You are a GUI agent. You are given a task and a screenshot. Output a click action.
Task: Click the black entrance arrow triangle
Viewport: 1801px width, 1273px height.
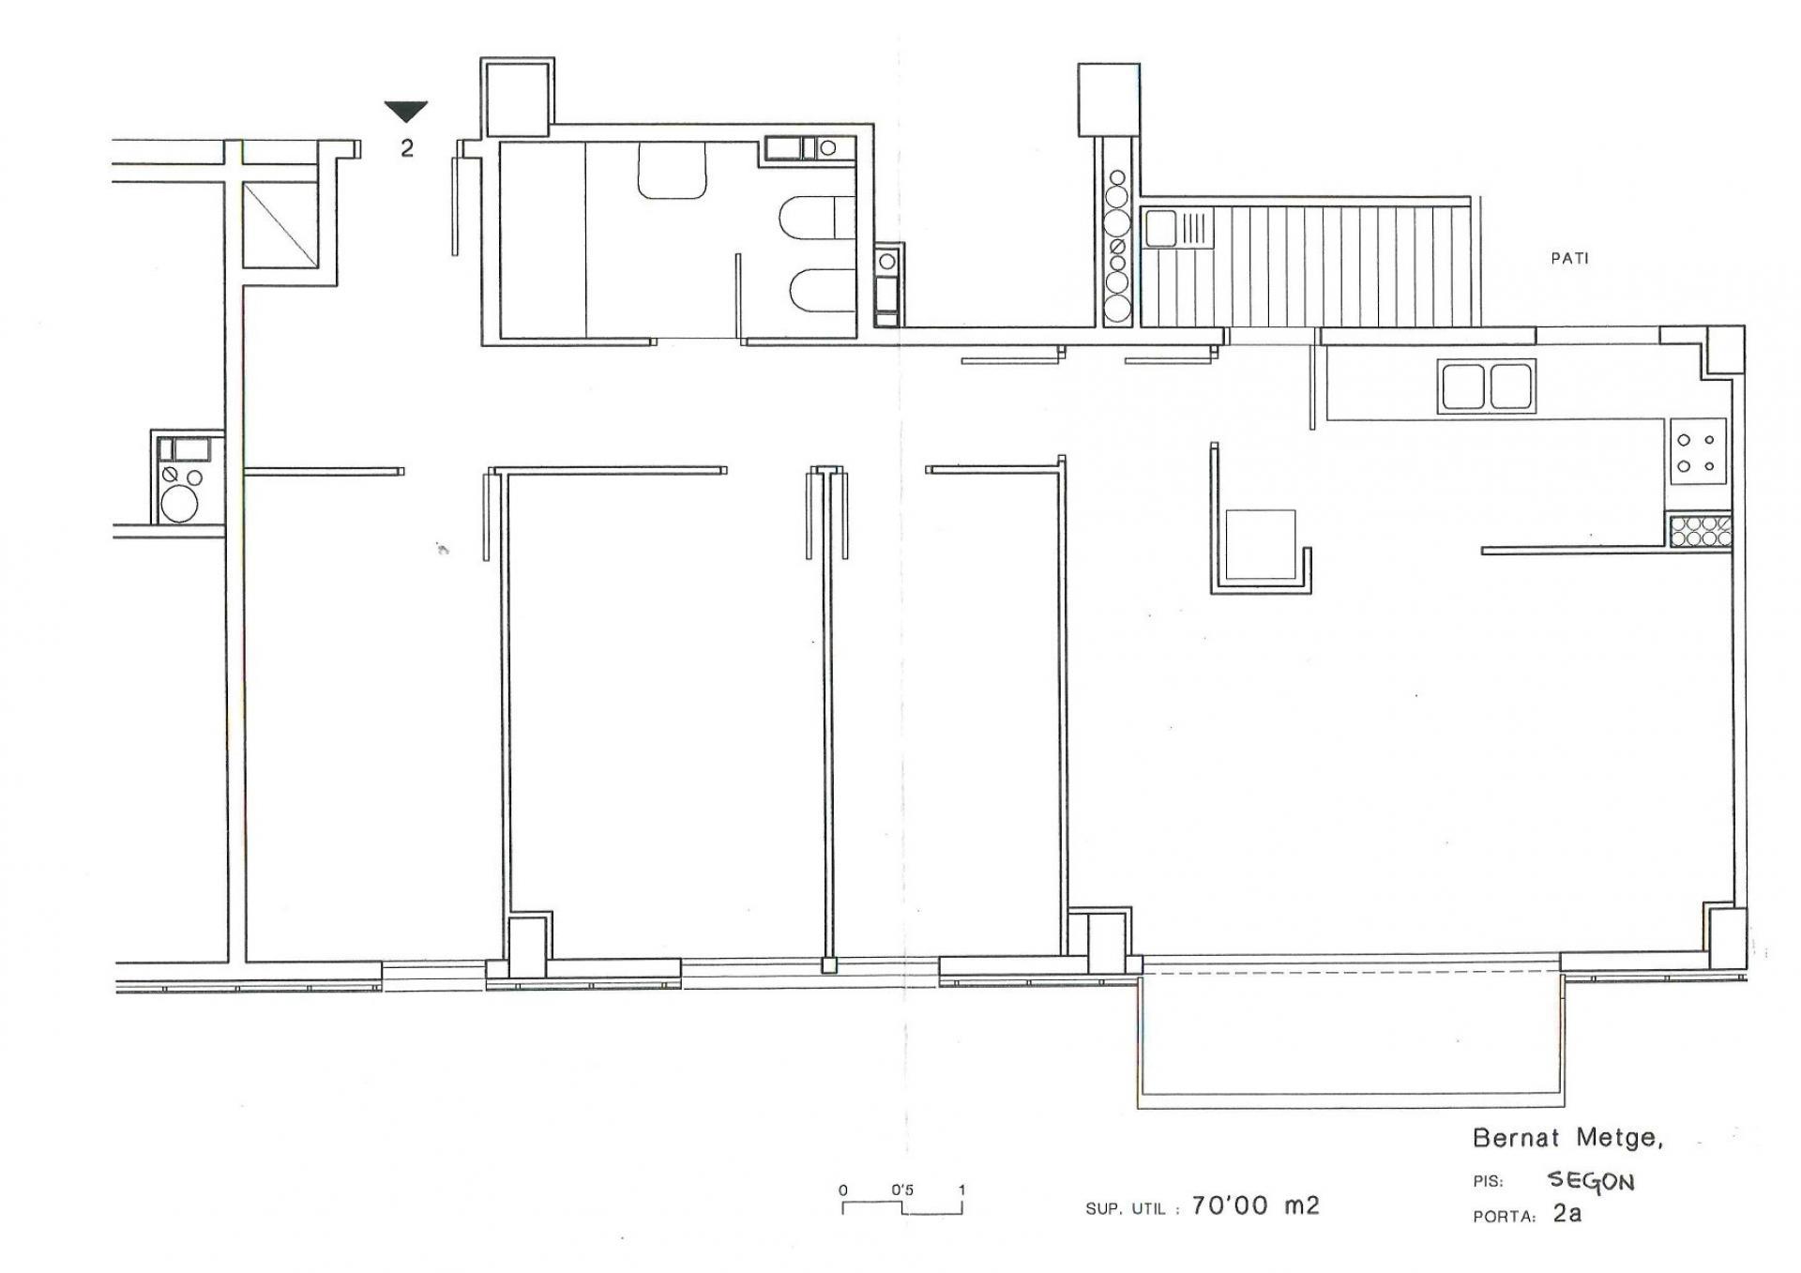(406, 111)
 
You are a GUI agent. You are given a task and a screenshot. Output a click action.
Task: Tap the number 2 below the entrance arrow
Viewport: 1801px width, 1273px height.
(407, 148)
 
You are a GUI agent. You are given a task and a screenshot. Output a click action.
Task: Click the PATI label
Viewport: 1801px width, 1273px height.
(1569, 258)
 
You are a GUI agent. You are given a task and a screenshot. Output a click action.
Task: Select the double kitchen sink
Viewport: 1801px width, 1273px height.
(1486, 386)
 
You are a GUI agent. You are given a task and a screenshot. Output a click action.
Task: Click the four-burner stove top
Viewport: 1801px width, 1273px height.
(1697, 452)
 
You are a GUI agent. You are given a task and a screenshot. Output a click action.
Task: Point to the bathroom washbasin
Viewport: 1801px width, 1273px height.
(672, 170)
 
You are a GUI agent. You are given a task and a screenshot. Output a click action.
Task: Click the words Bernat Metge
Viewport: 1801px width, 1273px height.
(1567, 1139)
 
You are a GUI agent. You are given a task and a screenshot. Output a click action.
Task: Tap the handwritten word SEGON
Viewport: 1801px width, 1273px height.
(1590, 1181)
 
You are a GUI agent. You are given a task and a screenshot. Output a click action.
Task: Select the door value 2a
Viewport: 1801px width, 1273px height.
(1566, 1213)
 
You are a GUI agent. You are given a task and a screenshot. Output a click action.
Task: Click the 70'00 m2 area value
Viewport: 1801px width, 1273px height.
(1255, 1205)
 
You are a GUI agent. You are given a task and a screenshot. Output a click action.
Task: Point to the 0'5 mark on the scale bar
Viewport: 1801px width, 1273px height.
(902, 1190)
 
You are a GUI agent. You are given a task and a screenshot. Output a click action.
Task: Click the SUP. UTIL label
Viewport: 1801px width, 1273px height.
(1126, 1209)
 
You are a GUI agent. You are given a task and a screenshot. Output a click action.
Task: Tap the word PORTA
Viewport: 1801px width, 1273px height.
(1504, 1218)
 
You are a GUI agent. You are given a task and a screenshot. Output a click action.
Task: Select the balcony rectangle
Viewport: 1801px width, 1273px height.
(1351, 1033)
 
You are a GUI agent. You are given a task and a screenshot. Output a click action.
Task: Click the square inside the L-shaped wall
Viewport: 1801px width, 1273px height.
(1261, 544)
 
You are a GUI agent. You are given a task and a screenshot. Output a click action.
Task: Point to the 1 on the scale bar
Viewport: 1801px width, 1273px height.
(961, 1190)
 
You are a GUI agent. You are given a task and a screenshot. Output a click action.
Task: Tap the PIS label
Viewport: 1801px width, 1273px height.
(1488, 1183)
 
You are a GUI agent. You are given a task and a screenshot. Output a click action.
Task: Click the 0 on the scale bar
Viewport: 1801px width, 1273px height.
(843, 1190)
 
